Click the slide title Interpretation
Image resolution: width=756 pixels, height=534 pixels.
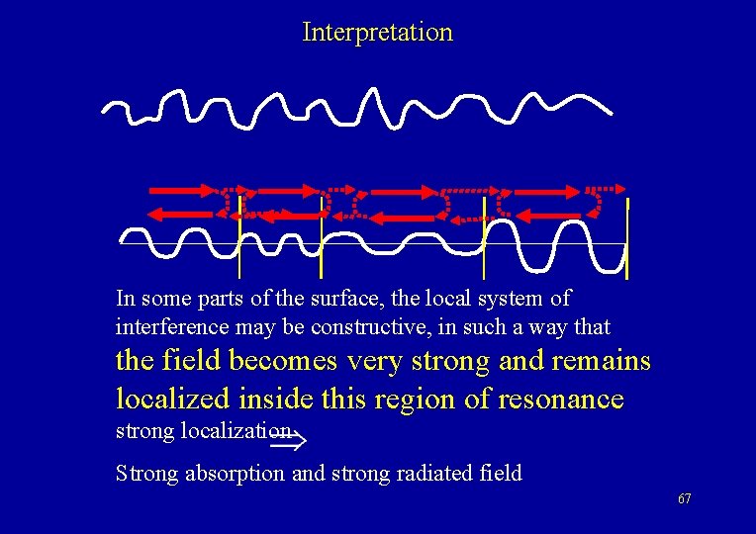[x=377, y=32]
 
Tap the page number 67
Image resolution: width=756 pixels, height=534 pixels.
[x=685, y=498]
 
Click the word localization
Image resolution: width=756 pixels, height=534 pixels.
[x=235, y=431]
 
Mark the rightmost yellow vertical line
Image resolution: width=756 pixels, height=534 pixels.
[x=627, y=238]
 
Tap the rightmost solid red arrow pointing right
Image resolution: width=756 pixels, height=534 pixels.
[x=543, y=189]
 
